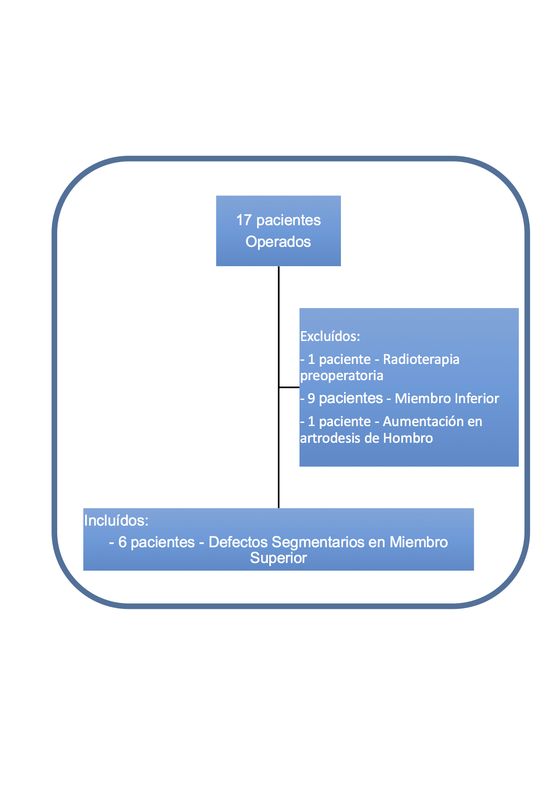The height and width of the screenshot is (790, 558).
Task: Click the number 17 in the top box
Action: click(x=244, y=220)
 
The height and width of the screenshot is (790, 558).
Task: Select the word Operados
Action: click(x=278, y=242)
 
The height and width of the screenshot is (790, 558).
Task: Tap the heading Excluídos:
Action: click(x=330, y=336)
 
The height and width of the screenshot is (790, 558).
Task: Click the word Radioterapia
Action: click(x=421, y=359)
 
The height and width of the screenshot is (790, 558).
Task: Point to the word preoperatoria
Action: click(x=342, y=376)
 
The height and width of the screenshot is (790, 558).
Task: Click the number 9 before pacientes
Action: click(x=311, y=399)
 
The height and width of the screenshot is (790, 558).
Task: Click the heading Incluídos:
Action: click(x=116, y=521)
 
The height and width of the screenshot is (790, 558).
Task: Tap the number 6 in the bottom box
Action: click(x=122, y=542)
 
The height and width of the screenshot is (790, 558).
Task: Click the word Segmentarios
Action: click(x=318, y=542)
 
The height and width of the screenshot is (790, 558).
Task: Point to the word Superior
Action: click(x=278, y=558)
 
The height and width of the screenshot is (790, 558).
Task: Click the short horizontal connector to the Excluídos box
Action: click(x=289, y=387)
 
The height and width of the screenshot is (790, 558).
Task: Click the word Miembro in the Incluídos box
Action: click(x=418, y=542)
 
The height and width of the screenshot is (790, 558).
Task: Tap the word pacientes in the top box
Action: click(x=288, y=220)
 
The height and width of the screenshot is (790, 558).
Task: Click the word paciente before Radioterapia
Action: click(x=345, y=359)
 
